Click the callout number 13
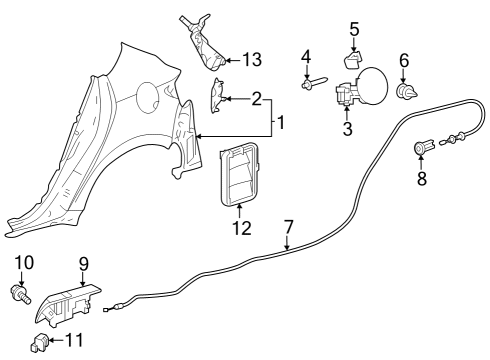pos(252,61)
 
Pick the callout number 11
pos(73,342)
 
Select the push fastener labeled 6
pos(406,94)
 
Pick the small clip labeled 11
pos(40,344)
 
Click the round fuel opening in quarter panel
pos(144,97)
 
